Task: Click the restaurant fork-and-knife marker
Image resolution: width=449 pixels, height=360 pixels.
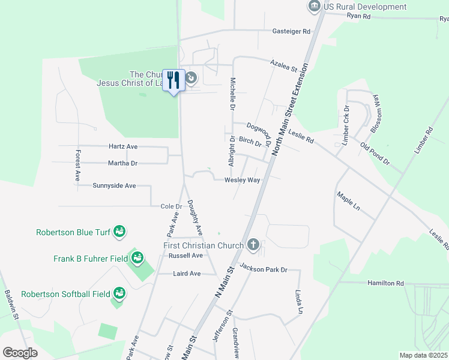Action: point(174,80)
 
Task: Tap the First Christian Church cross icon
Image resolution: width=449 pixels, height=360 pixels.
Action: point(253,244)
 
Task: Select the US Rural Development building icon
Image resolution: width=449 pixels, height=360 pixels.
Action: point(314,7)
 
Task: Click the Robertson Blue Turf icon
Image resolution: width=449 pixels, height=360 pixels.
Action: point(119,232)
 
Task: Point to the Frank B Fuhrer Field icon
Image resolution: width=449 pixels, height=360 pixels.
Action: point(137,258)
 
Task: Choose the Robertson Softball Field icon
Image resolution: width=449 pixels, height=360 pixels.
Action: point(119,293)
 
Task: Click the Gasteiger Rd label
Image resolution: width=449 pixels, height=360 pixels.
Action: point(291,31)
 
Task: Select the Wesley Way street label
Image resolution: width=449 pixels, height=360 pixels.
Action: point(243,180)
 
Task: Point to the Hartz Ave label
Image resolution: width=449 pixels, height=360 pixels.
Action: point(123,146)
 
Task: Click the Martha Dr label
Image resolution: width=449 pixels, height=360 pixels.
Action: point(122,163)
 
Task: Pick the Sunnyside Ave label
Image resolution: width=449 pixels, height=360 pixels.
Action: point(115,185)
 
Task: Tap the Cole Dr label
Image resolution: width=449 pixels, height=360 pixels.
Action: point(171,206)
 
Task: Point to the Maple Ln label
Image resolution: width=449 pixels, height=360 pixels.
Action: point(348,202)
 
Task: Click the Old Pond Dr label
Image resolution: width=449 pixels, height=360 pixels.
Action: point(375,154)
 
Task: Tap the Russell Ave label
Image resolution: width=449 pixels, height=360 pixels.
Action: point(185,255)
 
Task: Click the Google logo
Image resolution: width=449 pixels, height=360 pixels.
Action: point(20,352)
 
